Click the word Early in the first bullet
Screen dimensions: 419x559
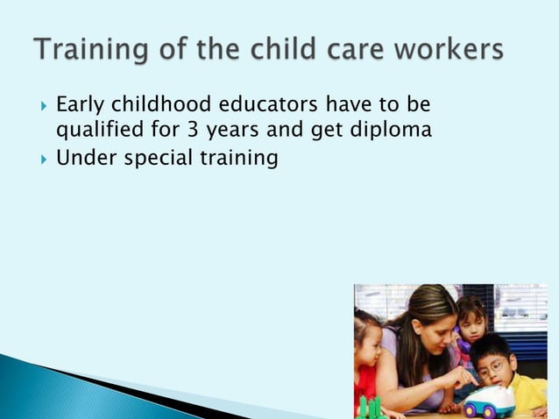tap(80, 105)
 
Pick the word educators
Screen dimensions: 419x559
tap(268, 105)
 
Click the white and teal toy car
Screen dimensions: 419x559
tap(488, 401)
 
